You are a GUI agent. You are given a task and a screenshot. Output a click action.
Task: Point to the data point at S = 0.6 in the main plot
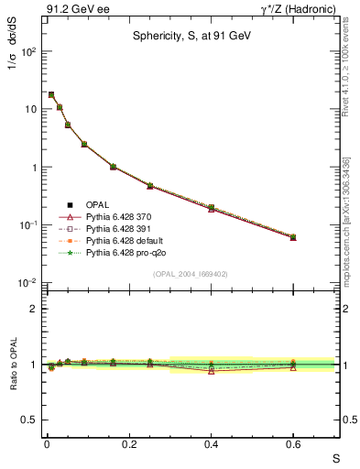coord(293,237)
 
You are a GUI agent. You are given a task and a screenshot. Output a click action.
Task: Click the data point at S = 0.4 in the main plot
coord(212,208)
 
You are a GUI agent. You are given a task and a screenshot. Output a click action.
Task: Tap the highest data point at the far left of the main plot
coord(51,94)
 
